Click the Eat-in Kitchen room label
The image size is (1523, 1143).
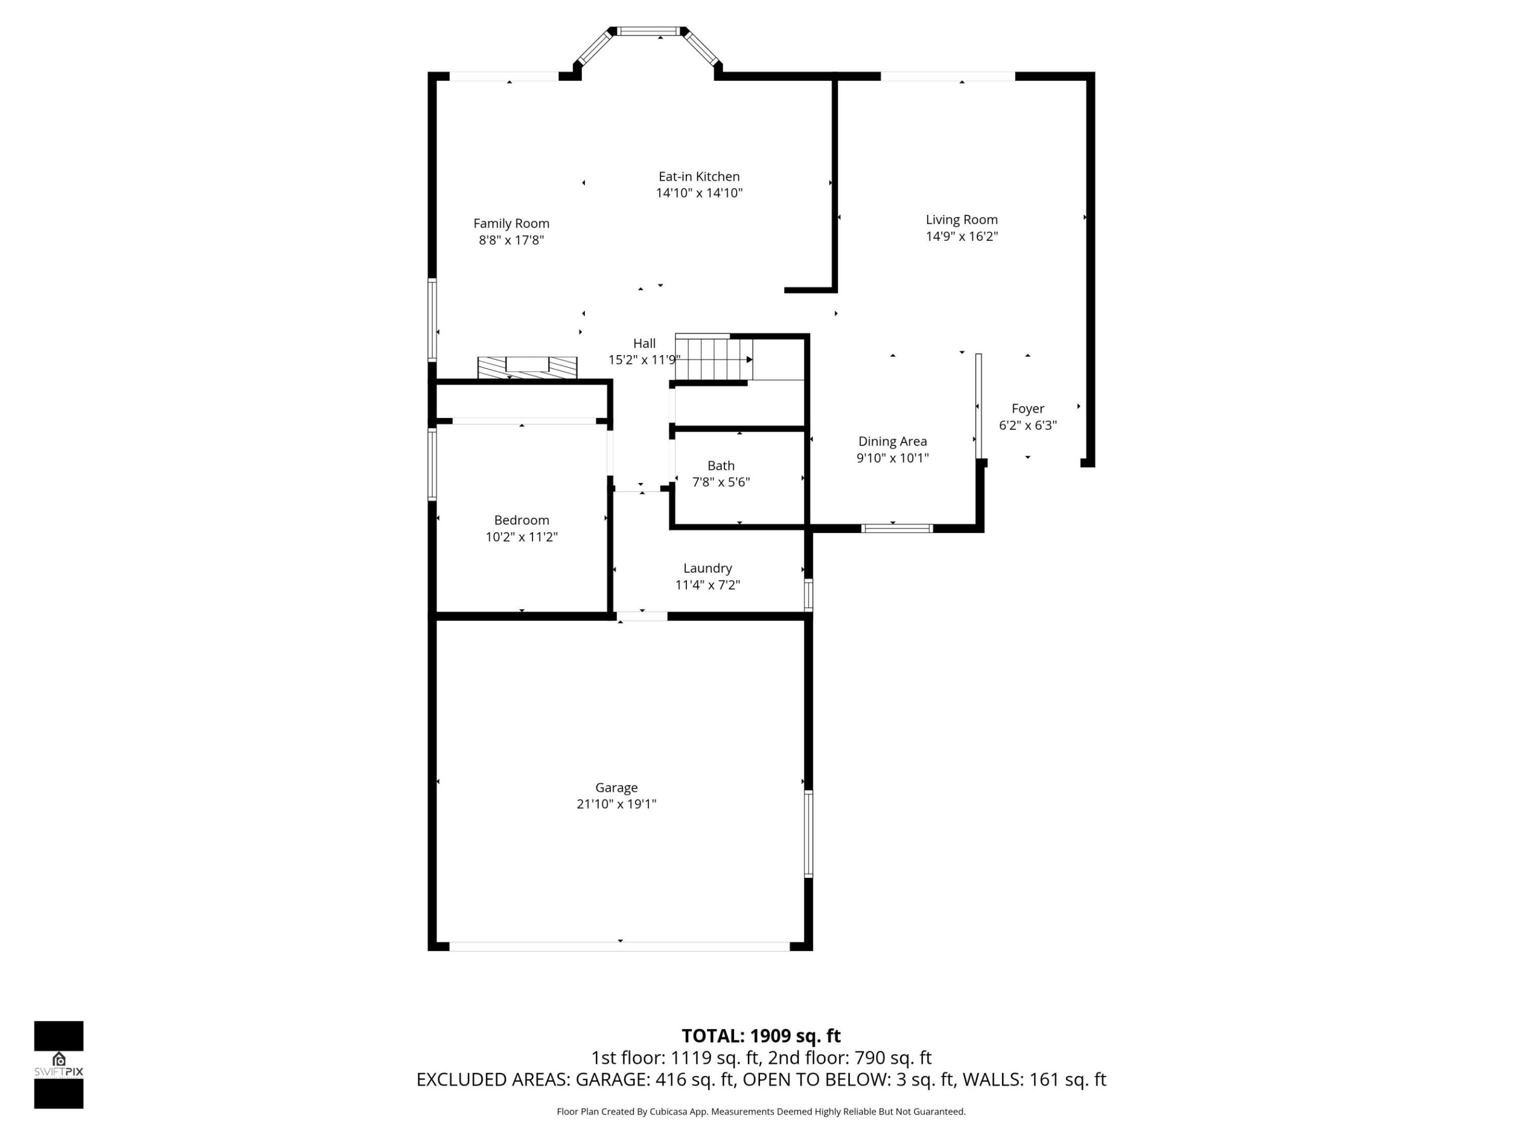tap(699, 176)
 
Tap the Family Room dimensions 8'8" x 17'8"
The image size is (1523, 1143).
tap(511, 240)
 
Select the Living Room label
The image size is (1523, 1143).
tap(961, 220)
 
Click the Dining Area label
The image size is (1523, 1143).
tap(892, 442)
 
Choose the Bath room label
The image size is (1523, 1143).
tap(721, 466)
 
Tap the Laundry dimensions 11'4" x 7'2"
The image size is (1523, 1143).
tap(707, 585)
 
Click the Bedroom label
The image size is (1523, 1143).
tap(521, 520)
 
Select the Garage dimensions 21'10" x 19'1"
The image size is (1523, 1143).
tap(616, 804)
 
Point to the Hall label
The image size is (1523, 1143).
tap(644, 343)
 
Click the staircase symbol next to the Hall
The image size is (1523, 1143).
tap(713, 358)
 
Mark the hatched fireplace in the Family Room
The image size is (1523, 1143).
tap(527, 367)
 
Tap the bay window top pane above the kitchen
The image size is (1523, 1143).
tap(648, 31)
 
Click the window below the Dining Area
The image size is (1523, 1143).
tap(896, 529)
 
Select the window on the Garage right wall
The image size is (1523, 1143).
tap(809, 833)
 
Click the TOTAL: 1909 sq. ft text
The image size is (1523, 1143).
tap(761, 1036)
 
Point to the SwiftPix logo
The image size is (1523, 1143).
tap(59, 1065)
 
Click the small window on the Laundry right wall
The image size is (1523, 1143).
tap(809, 595)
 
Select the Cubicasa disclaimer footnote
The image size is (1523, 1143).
tap(761, 1111)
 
